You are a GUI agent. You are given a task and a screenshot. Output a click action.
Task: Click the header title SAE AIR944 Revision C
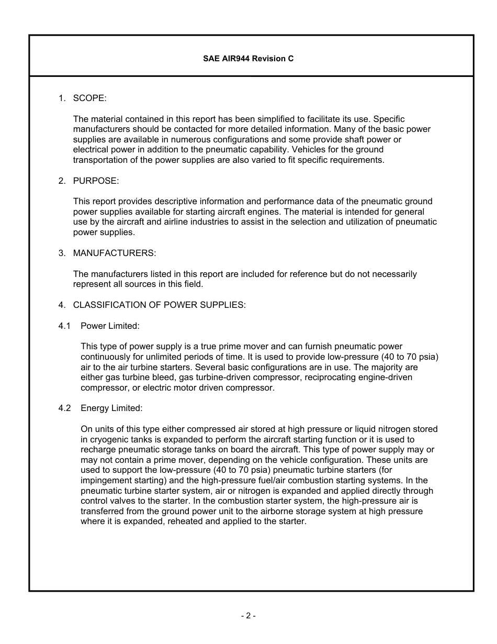pos(249,59)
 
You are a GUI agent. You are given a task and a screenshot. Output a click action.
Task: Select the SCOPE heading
pos(89,98)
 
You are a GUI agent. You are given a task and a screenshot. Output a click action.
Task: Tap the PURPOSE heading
pos(96,181)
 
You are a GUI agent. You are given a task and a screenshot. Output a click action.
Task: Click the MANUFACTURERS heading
pos(115,253)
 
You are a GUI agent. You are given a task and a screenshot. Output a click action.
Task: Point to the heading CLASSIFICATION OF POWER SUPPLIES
pos(159,305)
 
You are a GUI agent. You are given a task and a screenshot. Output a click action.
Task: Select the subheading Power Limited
pos(110,326)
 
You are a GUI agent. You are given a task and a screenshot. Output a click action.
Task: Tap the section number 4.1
pos(64,326)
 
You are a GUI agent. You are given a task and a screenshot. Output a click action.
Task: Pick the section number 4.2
pos(64,408)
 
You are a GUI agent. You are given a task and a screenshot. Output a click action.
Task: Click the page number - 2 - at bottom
pos(249,616)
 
